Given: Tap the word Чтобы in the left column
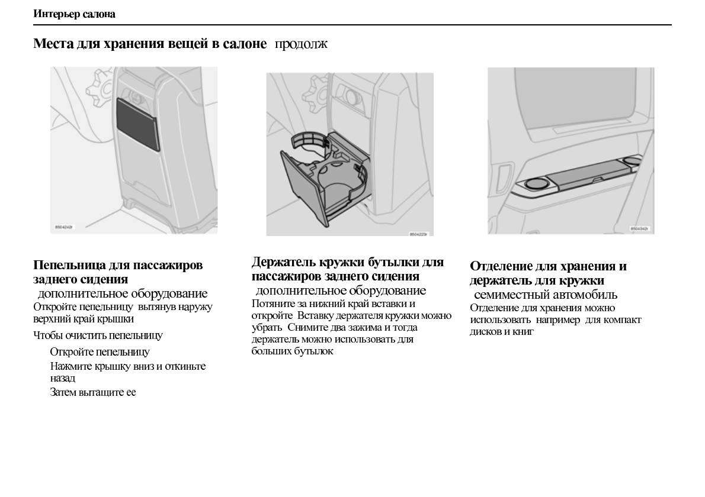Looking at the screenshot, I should [x=48, y=335].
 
